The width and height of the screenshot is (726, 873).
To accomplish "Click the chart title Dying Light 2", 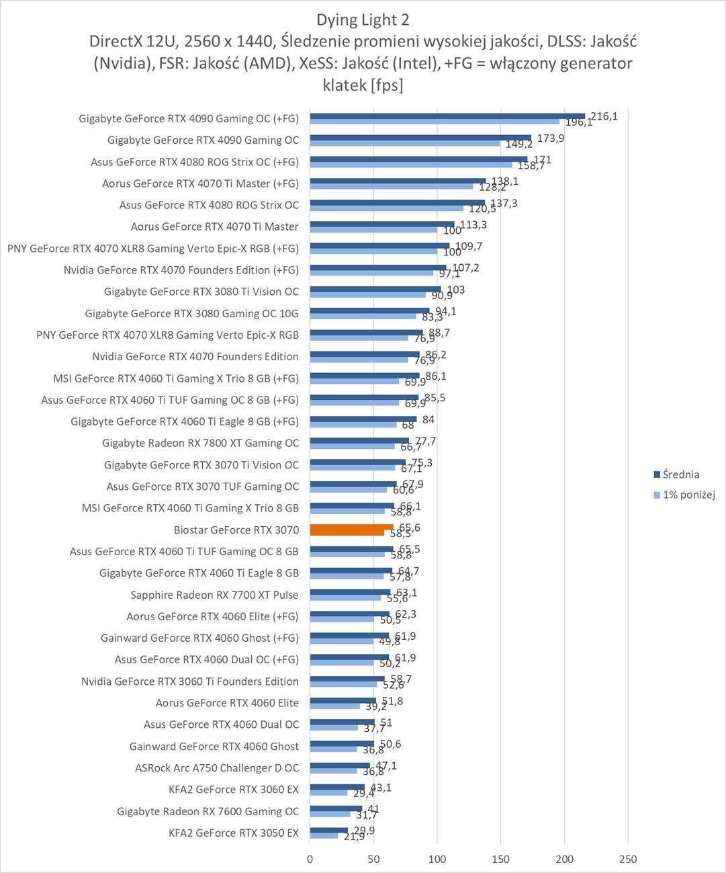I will click(363, 19).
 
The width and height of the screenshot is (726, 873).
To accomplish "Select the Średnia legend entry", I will click(680, 474).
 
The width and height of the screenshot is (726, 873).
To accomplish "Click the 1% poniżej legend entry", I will click(688, 495).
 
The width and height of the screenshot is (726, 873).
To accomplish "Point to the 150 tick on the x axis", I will click(501, 859).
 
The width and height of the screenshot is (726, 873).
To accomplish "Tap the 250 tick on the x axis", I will click(628, 859).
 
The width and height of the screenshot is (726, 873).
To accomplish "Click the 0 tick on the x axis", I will click(310, 859).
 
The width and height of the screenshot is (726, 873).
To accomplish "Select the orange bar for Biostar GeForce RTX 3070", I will click(351, 528).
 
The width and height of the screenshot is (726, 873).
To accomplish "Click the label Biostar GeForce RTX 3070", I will click(236, 530).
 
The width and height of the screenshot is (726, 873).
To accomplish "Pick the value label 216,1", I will click(604, 116).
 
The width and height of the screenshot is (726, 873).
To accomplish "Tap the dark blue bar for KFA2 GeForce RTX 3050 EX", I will click(329, 830).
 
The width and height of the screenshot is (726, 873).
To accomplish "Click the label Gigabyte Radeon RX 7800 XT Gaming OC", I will click(200, 444).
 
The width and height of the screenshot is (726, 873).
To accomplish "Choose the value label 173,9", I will click(551, 138).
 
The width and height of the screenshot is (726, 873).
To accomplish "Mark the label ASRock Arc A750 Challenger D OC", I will click(216, 768).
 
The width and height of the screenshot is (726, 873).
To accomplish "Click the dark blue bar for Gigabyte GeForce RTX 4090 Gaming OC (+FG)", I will click(447, 116).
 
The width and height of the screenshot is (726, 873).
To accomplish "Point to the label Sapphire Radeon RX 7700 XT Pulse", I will click(214, 595).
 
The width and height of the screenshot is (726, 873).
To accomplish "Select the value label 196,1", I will click(578, 123).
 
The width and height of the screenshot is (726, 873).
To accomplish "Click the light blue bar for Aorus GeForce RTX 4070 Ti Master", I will click(373, 231).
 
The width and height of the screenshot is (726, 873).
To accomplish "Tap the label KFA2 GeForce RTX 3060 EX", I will click(233, 790).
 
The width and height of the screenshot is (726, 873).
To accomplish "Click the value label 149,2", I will click(518, 144).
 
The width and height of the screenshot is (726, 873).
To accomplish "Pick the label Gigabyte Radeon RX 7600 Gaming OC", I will click(208, 811).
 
